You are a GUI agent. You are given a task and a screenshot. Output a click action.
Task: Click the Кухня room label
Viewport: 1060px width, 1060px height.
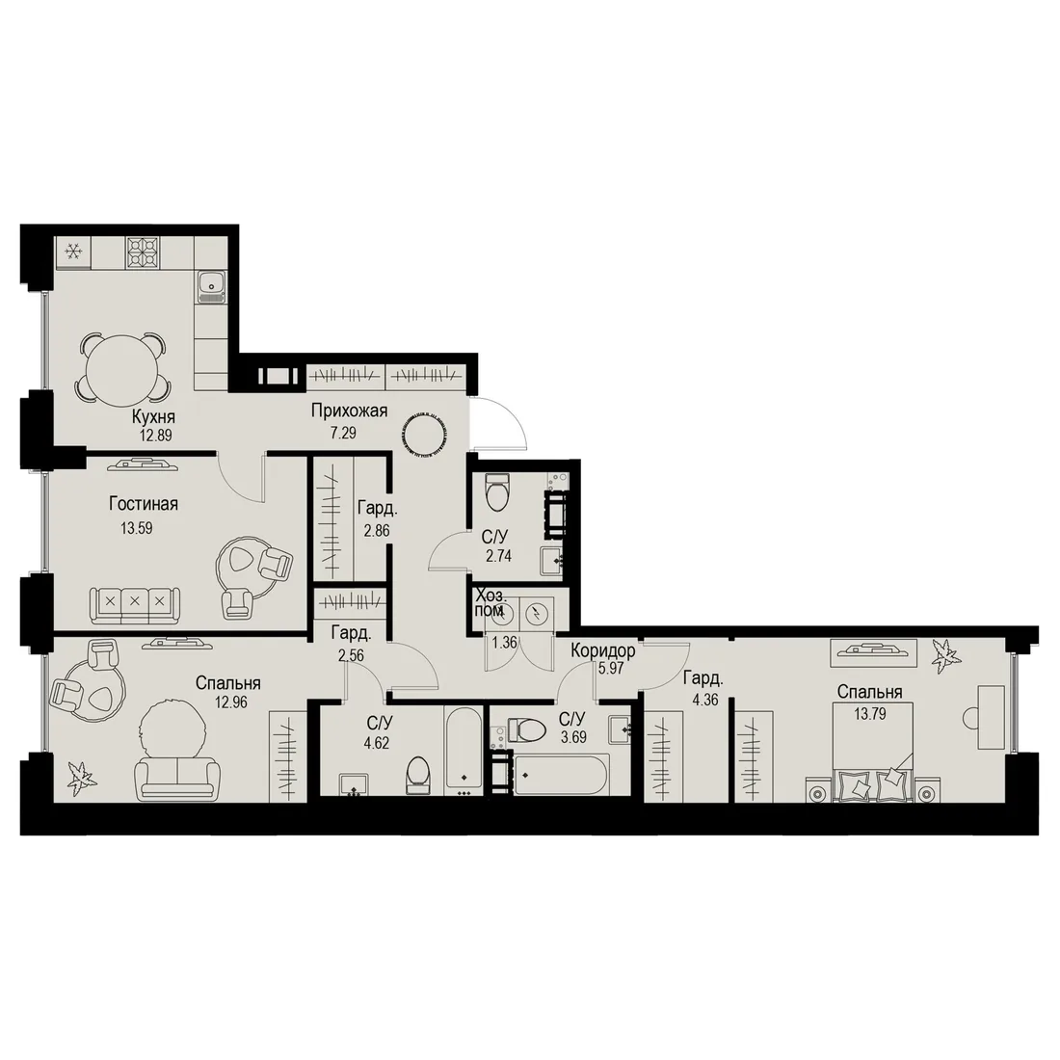(x=153, y=416)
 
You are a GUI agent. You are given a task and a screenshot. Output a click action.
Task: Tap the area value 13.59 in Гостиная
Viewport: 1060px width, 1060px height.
(x=137, y=528)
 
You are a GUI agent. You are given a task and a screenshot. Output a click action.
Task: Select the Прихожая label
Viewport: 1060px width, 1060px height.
(x=350, y=411)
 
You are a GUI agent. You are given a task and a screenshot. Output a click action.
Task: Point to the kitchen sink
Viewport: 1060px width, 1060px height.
(x=212, y=286)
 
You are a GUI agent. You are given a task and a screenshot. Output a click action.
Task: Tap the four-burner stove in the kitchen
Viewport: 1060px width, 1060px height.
(x=144, y=252)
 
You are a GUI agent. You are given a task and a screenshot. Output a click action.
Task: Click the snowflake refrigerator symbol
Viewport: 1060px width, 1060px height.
(x=73, y=252)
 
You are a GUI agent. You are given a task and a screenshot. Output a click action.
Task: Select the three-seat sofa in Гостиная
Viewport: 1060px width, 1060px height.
(x=135, y=605)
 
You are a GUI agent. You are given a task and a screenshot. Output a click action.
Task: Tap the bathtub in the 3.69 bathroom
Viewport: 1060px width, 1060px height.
(x=561, y=775)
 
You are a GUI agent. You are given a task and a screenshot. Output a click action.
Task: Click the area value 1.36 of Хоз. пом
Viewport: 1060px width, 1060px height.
(x=504, y=642)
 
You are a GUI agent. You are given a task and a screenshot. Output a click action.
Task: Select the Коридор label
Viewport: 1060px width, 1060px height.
(x=603, y=650)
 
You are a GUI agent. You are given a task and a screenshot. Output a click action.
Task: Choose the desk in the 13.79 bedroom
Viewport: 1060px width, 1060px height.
(x=991, y=717)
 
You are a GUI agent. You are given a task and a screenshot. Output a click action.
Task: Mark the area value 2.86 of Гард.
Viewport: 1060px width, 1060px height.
(x=377, y=531)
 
